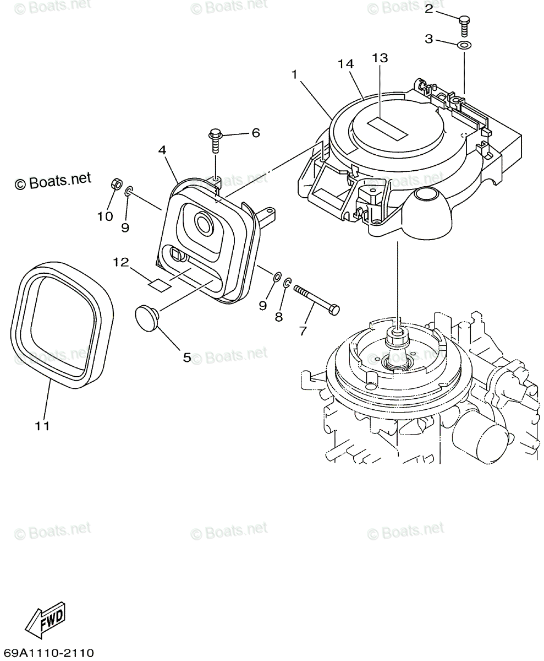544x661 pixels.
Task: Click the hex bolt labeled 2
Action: point(464,24)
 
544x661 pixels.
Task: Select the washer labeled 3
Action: point(464,45)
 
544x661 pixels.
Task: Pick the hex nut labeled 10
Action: point(116,184)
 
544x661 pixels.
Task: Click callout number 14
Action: point(345,64)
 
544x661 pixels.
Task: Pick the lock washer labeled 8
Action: point(287,283)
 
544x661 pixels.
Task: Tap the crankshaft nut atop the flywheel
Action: point(398,333)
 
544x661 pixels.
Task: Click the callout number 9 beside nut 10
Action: point(125,226)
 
